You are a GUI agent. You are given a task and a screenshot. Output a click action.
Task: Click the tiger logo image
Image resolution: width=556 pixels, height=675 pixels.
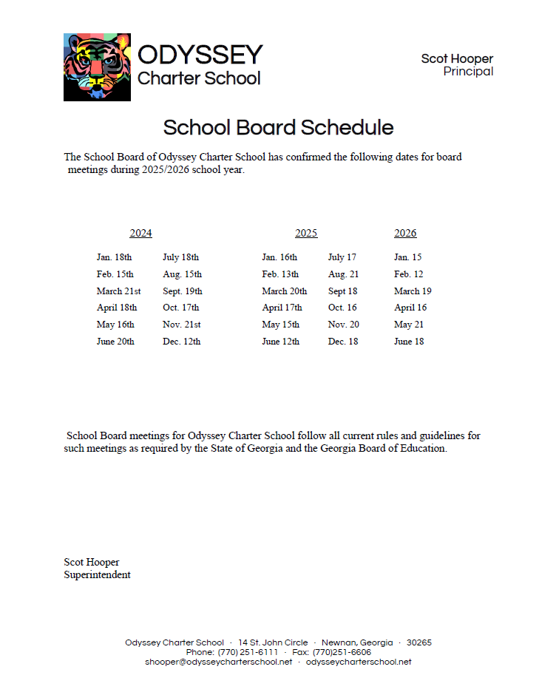pos(98,67)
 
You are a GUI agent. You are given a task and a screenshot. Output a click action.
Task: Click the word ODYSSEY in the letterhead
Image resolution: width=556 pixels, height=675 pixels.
pos(200,55)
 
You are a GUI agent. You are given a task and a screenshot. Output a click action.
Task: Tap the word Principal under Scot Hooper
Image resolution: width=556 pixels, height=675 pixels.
pos(468,72)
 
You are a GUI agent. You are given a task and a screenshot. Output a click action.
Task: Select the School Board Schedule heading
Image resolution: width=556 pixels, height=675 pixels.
pos(278,127)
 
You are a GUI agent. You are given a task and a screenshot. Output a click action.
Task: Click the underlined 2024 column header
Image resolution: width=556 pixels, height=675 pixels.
pos(140,234)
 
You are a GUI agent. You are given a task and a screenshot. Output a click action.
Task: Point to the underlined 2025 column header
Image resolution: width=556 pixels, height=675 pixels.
pos(306,234)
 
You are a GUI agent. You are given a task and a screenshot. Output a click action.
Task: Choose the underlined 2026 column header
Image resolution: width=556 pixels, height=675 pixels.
pos(405,234)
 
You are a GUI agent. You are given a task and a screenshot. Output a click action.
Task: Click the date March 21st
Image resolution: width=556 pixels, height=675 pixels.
pos(118,291)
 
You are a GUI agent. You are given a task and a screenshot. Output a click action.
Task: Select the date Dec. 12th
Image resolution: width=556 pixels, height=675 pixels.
pos(181,342)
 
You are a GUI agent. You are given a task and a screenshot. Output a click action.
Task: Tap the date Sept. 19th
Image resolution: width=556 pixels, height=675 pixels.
pos(182,291)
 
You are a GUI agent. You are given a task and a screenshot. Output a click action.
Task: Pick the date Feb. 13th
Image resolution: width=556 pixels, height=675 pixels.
pos(280,274)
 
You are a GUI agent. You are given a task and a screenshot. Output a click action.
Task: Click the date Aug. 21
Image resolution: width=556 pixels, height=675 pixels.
pos(343,274)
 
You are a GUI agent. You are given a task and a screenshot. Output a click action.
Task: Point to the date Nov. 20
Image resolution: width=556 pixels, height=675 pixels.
pos(344,325)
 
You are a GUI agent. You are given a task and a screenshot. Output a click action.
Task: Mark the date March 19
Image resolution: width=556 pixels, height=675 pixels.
pos(413,291)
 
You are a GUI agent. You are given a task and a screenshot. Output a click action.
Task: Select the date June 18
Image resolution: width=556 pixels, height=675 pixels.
pos(409,342)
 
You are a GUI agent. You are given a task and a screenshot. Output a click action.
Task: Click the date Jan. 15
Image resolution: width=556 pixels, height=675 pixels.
pos(408,257)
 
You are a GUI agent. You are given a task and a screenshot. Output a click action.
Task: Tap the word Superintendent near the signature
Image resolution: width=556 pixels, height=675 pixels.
pos(97,575)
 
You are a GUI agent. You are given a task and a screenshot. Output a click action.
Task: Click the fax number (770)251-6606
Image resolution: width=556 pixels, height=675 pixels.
pos(342,653)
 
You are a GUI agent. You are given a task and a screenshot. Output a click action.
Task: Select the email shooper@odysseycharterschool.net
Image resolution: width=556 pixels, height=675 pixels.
pos(219,662)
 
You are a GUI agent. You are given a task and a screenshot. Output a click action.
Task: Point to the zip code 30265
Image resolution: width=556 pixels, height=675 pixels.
pos(419,643)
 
